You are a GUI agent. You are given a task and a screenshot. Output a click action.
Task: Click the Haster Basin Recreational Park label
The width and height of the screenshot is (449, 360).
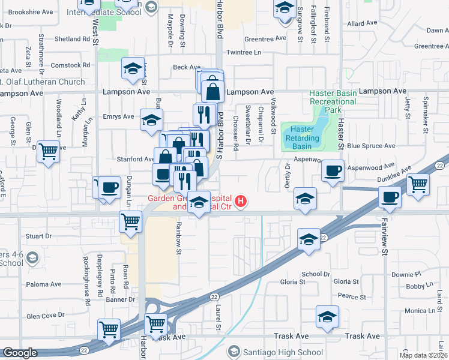click(x=333, y=101)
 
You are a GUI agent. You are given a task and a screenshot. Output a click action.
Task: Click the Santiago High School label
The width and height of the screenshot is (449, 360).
click(x=283, y=352)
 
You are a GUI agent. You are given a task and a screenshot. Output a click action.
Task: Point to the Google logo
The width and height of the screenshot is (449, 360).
click(x=20, y=353)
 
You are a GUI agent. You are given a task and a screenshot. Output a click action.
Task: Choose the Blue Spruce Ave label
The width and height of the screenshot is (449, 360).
click(x=371, y=146)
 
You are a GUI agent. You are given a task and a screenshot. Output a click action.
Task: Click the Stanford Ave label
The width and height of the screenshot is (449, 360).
click(x=136, y=159)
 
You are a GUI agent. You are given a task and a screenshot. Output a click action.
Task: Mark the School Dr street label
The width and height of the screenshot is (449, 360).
click(x=315, y=274)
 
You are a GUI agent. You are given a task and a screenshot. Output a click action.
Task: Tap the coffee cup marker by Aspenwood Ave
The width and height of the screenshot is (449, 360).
click(x=332, y=170)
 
